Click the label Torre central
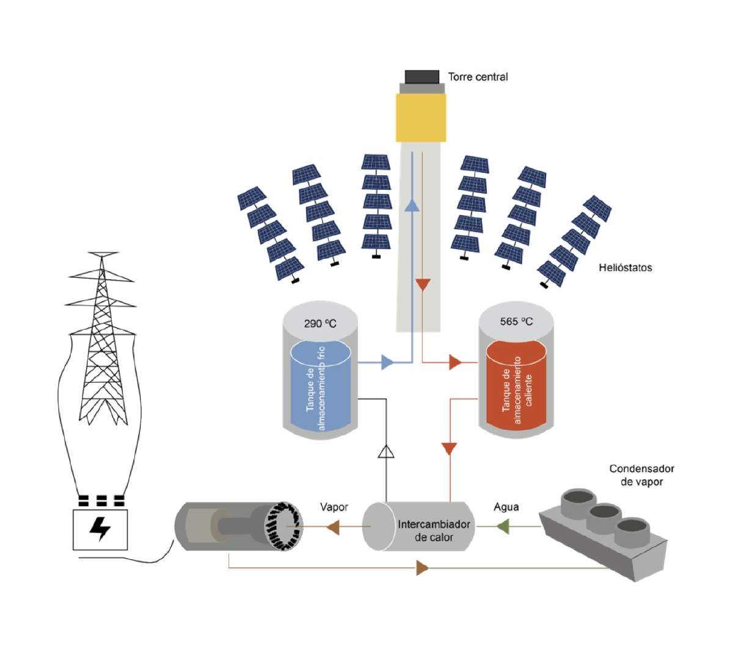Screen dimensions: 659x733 [x=478, y=77]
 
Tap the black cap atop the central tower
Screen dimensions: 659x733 [x=421, y=77]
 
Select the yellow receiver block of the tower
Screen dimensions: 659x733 [x=421, y=118]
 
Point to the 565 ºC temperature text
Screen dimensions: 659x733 [x=516, y=321]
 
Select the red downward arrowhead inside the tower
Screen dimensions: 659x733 [x=423, y=285]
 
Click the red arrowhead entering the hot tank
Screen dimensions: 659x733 [x=455, y=363]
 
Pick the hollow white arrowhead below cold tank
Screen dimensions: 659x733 [x=386, y=451]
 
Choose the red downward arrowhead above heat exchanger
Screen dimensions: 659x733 [x=450, y=449]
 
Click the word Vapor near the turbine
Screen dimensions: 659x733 [x=334, y=508]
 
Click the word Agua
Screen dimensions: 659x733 [x=506, y=507]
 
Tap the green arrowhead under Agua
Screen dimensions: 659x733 [x=502, y=526]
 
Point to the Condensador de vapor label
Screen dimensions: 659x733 [x=641, y=475]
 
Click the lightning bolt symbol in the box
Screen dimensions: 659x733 [x=100, y=529]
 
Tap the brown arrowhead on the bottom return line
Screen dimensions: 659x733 [x=422, y=569]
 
